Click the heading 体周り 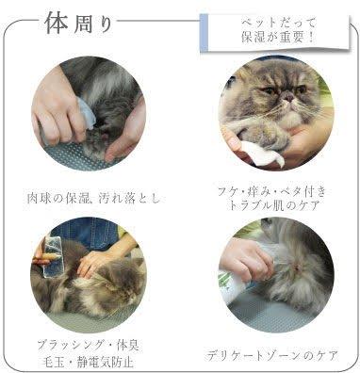tap(79, 24)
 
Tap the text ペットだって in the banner tap(278, 24)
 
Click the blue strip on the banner tap(204, 32)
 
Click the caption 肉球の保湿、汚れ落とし tap(93, 198)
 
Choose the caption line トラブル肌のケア tap(274, 205)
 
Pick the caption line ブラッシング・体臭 tap(88, 346)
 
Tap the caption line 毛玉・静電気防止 tap(88, 362)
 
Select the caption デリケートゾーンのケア tap(272, 355)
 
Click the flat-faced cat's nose tap(287, 96)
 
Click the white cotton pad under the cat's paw tap(261, 154)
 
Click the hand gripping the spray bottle tap(244, 257)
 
